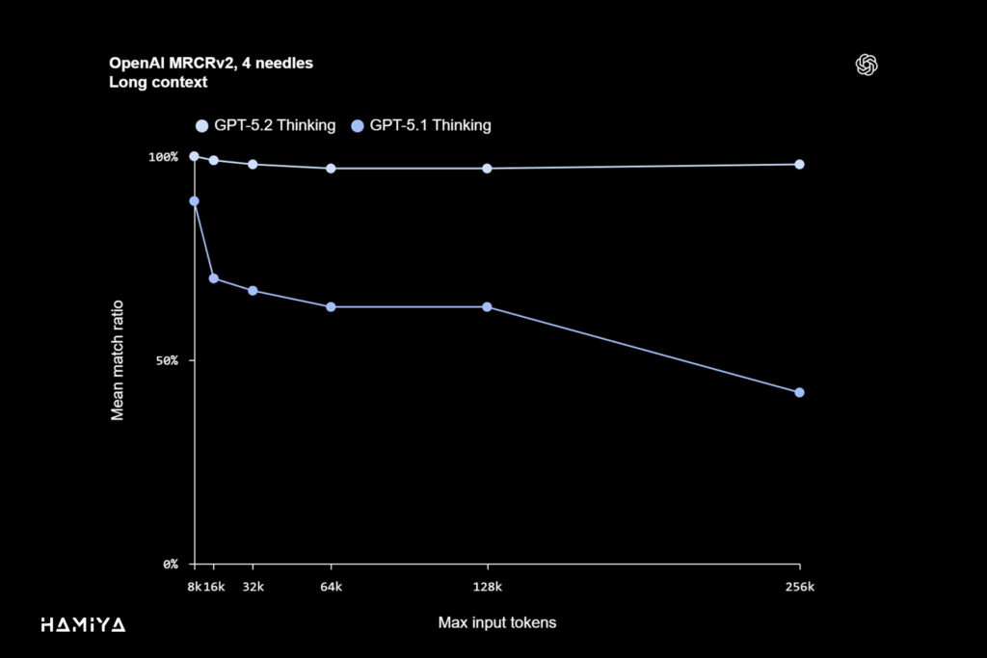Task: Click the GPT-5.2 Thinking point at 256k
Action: pos(799,164)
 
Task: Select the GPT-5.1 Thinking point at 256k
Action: pos(799,392)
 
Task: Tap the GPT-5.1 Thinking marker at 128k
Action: pos(487,306)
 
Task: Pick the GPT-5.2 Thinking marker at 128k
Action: pos(487,169)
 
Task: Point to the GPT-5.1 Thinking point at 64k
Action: pos(331,306)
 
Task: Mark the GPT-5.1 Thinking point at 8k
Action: pos(194,201)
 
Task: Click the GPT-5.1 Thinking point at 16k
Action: pos(214,278)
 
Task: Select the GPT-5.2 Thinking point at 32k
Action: pos(253,164)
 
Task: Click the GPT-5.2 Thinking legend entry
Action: pos(265,125)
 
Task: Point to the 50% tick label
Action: pos(163,360)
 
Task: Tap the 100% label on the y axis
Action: pos(163,156)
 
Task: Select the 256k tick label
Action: pos(799,586)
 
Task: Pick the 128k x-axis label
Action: pos(487,586)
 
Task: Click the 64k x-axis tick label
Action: pos(331,586)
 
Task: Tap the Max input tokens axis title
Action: pos(496,622)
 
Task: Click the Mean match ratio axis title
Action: pos(118,359)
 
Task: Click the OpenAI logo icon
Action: pos(867,65)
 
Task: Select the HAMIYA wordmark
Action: pos(83,624)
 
